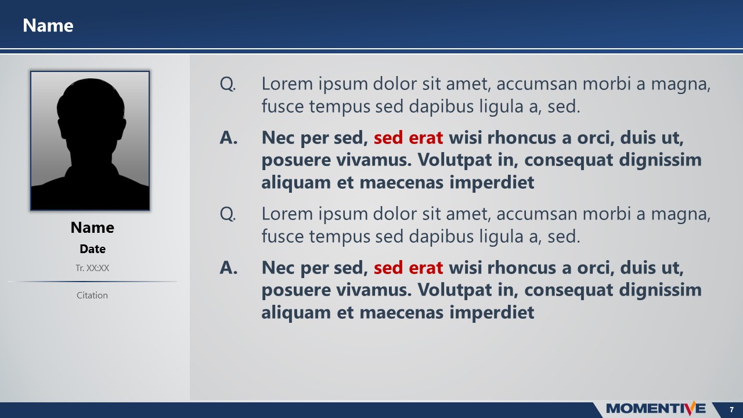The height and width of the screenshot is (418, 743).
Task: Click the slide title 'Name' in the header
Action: pos(48,26)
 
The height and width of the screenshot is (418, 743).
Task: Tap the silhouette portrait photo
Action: pos(90,140)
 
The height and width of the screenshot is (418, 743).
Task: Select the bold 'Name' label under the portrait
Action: pos(92,228)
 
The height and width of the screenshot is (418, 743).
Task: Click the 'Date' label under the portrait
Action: pos(92,249)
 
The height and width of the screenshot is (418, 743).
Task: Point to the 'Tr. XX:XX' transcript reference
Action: pos(92,268)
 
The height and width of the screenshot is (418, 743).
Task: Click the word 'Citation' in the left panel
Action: pos(92,296)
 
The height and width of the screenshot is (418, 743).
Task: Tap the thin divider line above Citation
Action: pos(93,282)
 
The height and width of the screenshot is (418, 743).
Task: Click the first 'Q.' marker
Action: pos(228,84)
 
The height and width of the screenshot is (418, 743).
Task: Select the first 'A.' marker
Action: pos(229,138)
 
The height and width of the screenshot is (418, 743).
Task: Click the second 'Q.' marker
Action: pos(228,214)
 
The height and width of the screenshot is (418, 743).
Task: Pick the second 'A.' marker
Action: pos(229,268)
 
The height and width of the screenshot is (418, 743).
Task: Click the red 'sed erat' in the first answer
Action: pos(408,138)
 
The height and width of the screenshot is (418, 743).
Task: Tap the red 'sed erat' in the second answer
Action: pos(408,268)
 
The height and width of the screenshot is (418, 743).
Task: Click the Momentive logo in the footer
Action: pos(656,409)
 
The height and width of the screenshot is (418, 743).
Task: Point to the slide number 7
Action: pos(731,409)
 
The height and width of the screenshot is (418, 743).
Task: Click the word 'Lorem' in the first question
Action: pos(286,84)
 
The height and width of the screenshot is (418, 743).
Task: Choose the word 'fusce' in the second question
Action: pos(279,237)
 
